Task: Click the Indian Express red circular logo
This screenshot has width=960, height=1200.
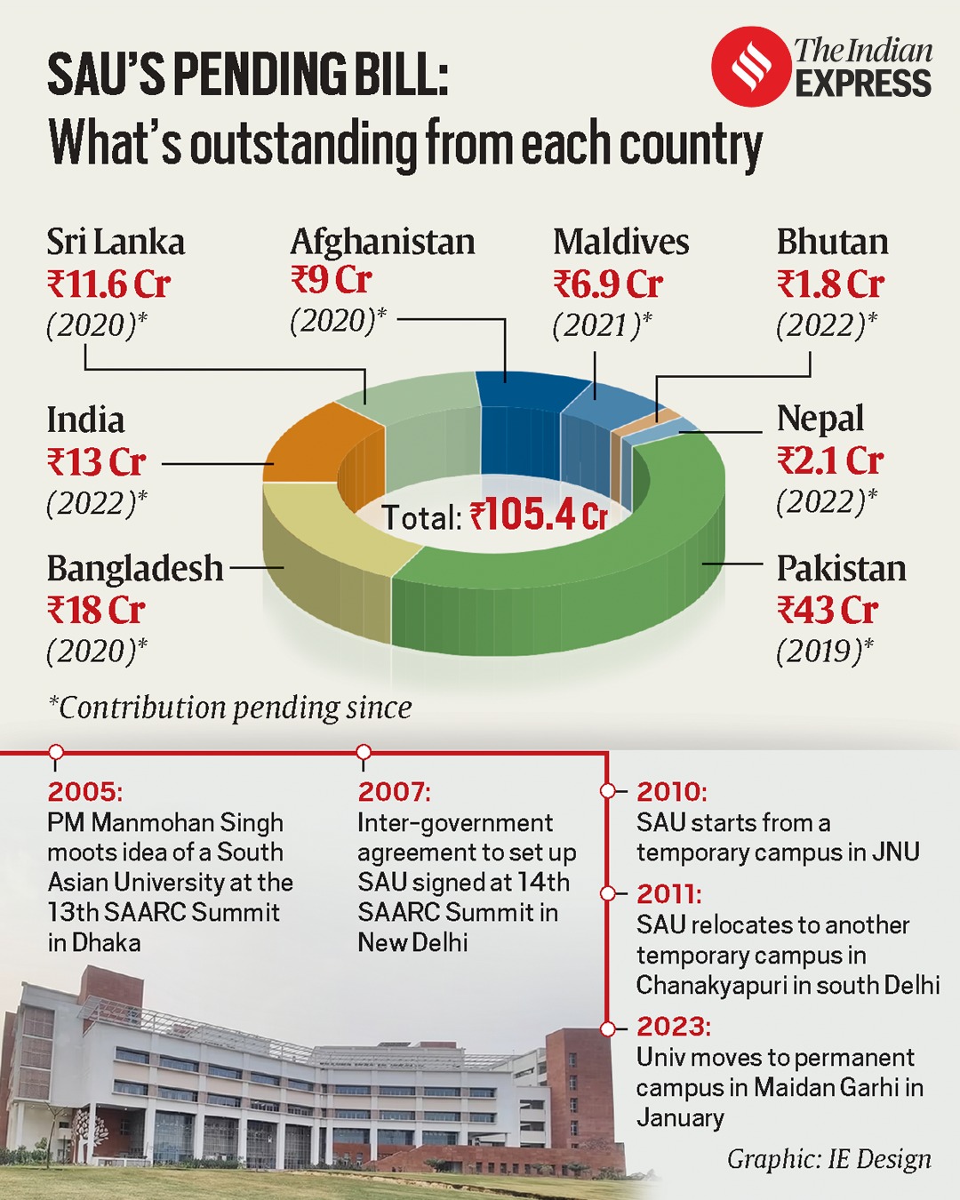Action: pos(751,67)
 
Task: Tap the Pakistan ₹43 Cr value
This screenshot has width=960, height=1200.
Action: pos(828,610)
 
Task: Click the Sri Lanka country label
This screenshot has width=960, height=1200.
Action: pos(116,242)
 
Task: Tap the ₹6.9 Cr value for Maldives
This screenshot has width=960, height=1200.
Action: pos(608,284)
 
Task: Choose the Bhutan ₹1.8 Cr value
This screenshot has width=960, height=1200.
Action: pos(830,284)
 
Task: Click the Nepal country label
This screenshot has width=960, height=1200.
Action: pos(820,418)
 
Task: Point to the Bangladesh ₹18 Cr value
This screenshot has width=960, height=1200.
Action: pos(96,611)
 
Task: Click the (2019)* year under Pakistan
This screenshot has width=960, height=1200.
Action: pos(824,652)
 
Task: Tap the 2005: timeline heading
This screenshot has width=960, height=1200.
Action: pos(85,791)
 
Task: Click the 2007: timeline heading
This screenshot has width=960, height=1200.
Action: pos(394,791)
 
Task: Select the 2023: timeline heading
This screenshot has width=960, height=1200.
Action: pos(673,1027)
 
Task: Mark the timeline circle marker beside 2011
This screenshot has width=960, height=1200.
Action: pos(608,893)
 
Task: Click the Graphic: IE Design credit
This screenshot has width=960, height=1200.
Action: pos(828,1159)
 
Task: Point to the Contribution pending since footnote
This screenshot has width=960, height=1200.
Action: pos(229,708)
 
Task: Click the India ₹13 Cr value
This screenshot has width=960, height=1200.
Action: pos(96,462)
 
